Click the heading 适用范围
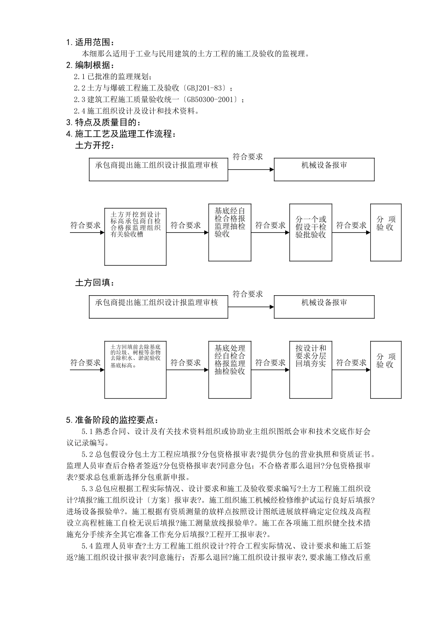point(94,43)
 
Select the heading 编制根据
point(94,65)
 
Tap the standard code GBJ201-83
point(207,88)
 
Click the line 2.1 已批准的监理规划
point(113,76)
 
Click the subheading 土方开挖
point(95,146)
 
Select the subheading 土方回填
point(95,283)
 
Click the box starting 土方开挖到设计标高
point(135,235)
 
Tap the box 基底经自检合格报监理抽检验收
point(230,233)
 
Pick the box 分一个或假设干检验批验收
point(310,233)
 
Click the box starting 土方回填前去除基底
point(135,370)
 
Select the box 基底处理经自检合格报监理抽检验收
point(230,370)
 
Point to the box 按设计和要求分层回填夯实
point(310,370)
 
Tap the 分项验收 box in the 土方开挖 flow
point(385,233)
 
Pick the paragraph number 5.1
point(87,432)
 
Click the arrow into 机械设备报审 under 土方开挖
point(251,170)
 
